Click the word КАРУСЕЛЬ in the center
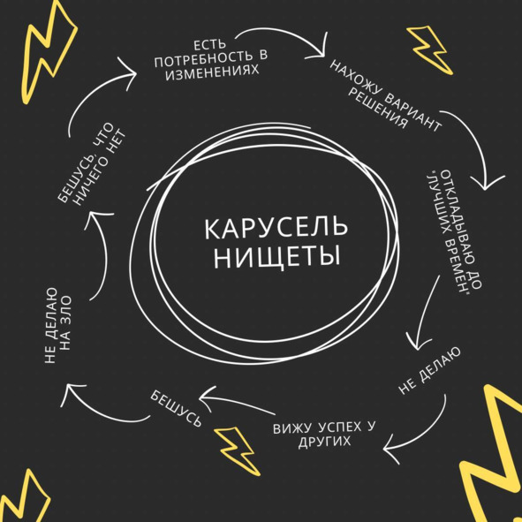coord(276,229)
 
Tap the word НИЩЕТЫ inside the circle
coord(277,257)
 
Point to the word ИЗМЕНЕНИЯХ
coord(212,73)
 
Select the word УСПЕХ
coord(337,427)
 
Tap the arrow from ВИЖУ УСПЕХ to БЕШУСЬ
coord(238,402)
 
